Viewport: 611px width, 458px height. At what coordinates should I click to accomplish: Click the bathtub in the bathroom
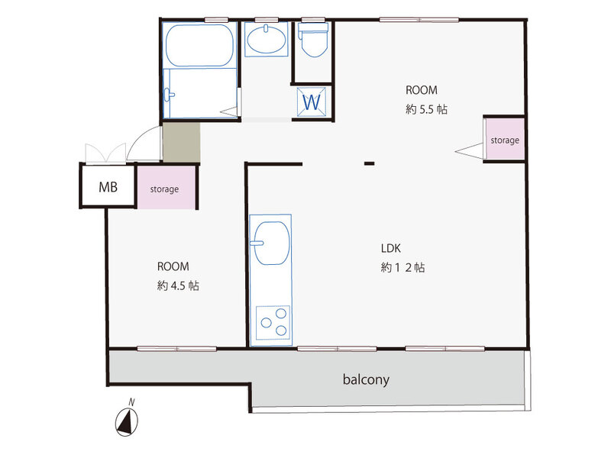(199, 46)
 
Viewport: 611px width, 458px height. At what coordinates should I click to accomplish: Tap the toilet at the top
(313, 40)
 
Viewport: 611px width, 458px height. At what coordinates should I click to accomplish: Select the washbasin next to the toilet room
(266, 40)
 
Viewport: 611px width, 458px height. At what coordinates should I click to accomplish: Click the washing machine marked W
(312, 102)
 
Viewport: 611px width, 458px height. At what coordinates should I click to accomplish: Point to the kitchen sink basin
(272, 243)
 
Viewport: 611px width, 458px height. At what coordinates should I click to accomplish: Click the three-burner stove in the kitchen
(273, 322)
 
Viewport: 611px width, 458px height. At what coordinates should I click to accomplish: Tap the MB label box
(108, 186)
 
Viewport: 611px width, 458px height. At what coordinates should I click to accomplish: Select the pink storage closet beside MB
(166, 188)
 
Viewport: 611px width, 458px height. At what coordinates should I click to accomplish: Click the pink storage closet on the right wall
(505, 140)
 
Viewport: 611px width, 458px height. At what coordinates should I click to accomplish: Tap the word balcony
(366, 379)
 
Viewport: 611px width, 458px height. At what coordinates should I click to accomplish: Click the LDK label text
(390, 249)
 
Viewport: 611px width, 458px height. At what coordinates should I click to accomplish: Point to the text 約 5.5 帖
(426, 109)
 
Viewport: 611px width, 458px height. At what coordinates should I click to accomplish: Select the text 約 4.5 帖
(178, 285)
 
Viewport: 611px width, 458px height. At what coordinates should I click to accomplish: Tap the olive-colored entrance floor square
(182, 142)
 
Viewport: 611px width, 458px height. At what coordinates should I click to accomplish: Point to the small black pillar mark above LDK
(370, 163)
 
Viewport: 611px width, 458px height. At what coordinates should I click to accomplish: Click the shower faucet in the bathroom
(168, 95)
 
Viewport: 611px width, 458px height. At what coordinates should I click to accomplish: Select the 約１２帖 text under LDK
(403, 268)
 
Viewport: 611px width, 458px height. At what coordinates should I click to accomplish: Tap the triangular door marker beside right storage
(470, 150)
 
